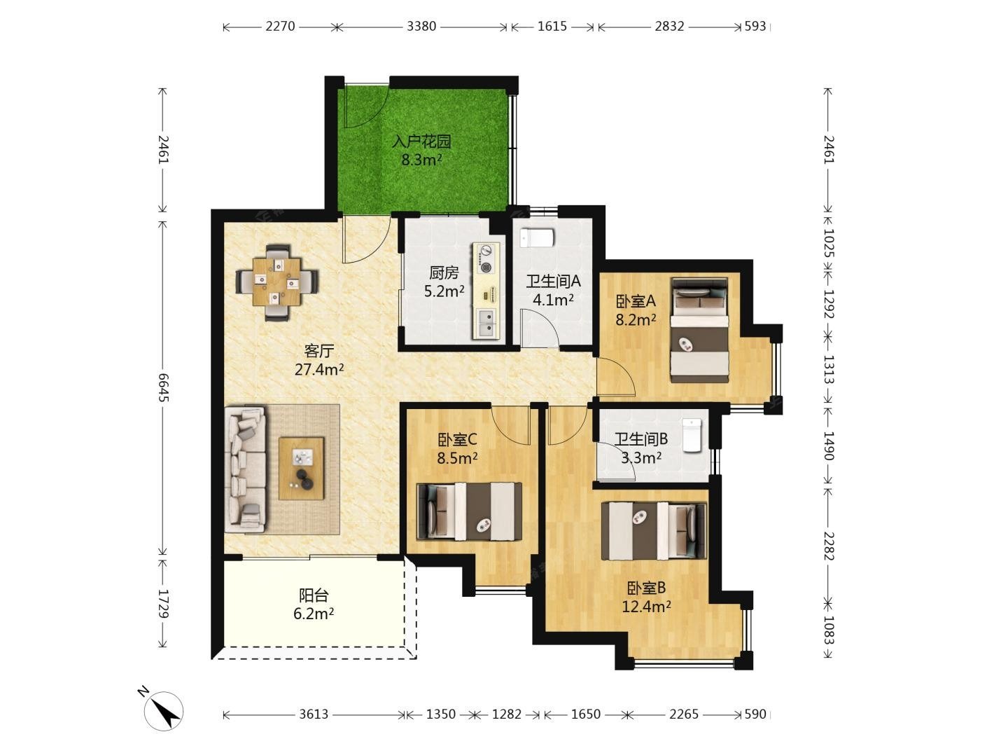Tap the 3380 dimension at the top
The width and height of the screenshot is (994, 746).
click(x=421, y=27)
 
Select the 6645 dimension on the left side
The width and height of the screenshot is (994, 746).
click(x=163, y=387)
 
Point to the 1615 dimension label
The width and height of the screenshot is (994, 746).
click(x=552, y=27)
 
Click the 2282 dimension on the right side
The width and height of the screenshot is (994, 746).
click(x=828, y=546)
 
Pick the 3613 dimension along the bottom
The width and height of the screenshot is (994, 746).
click(x=314, y=714)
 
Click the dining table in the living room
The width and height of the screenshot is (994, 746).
click(x=276, y=282)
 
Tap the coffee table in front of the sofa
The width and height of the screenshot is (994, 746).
click(x=301, y=469)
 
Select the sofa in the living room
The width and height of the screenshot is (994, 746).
click(x=245, y=469)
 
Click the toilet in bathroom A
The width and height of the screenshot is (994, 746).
click(x=537, y=238)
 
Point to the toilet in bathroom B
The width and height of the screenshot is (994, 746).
click(x=692, y=435)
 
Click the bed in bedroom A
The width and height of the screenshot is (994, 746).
click(x=699, y=330)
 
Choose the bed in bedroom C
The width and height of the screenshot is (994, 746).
click(x=469, y=511)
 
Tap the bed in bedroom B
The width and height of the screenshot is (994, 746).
click(x=654, y=531)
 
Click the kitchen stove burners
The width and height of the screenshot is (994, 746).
click(x=486, y=258)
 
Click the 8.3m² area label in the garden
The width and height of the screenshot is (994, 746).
click(x=421, y=160)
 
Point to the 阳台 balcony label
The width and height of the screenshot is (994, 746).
click(x=314, y=595)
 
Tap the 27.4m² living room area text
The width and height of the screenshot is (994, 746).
click(x=318, y=370)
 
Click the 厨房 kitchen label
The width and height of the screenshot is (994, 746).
click(x=444, y=272)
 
